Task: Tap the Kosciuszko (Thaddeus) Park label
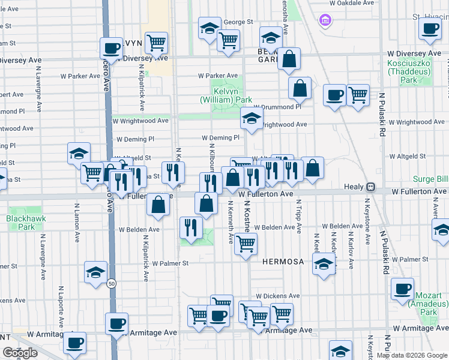[411, 71]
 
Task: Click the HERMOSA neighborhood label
[283, 262]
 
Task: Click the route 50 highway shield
[111, 284]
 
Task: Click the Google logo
[20, 353]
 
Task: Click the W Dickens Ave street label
[277, 296]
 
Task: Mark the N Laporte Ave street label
[61, 303]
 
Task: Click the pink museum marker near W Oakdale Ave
[325, 22]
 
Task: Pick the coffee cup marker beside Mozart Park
[402, 288]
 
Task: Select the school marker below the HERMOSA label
[324, 265]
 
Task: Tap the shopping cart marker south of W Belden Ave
[246, 244]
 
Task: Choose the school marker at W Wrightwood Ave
[252, 117]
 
